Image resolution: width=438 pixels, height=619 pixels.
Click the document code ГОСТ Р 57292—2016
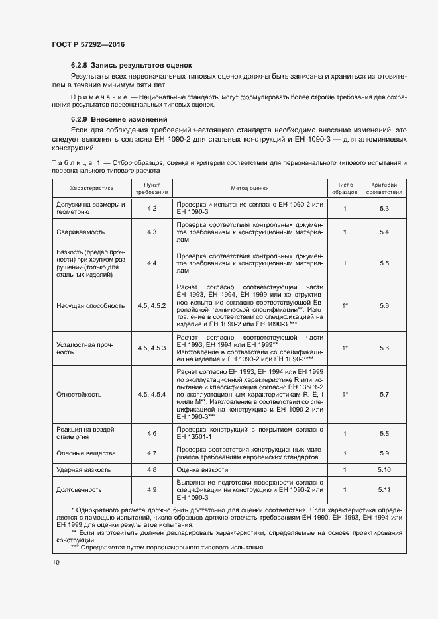(x=88, y=44)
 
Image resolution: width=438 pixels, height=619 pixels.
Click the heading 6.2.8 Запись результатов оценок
(x=131, y=65)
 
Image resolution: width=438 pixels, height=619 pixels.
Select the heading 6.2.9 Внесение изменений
(x=119, y=119)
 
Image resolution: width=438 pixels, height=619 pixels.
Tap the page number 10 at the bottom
(x=56, y=563)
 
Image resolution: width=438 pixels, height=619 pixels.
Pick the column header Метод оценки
(x=250, y=188)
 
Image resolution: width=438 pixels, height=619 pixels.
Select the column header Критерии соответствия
(x=384, y=188)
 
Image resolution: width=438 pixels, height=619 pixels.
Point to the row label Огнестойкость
(x=79, y=395)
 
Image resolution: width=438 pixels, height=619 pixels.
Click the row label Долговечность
(x=79, y=490)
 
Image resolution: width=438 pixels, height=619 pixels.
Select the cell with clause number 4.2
(x=152, y=209)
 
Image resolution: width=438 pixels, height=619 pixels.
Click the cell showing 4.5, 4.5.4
(x=152, y=395)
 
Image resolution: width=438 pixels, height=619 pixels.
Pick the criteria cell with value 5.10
(x=384, y=469)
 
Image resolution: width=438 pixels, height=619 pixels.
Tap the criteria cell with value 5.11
(x=384, y=490)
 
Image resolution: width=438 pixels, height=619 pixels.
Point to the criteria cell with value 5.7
(x=384, y=395)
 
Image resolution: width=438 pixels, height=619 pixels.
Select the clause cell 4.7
(x=152, y=453)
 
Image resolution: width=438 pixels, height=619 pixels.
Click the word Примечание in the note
(x=95, y=97)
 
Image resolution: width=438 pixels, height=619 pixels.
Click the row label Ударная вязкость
(x=83, y=469)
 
